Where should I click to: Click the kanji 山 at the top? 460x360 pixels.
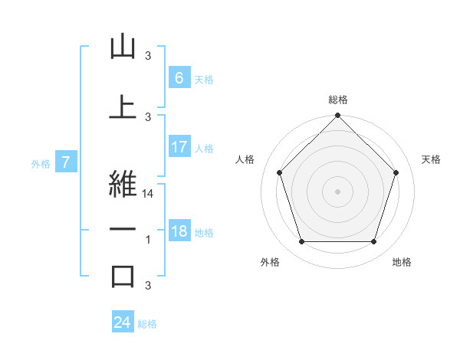[x=123, y=47]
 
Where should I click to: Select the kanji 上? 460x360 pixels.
[x=123, y=106]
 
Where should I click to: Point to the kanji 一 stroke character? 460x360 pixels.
[x=123, y=229]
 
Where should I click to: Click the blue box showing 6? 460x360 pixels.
[x=179, y=77]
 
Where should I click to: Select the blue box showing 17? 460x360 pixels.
[x=179, y=147]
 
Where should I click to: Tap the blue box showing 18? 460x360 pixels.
[x=179, y=231]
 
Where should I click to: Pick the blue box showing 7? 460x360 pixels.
[x=66, y=162]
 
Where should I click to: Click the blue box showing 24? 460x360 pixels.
[x=123, y=322]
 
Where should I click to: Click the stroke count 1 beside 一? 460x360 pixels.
[x=148, y=240]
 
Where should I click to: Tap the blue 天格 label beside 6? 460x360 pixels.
[x=204, y=79]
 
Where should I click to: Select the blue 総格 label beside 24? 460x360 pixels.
[x=147, y=324]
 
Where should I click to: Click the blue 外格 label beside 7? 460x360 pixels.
[x=41, y=163]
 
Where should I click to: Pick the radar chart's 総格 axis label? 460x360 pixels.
[x=337, y=100]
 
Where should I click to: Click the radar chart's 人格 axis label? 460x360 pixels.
[x=245, y=159]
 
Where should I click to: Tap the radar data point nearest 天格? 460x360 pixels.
[x=396, y=172]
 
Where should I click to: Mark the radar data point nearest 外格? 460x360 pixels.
[x=301, y=242]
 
